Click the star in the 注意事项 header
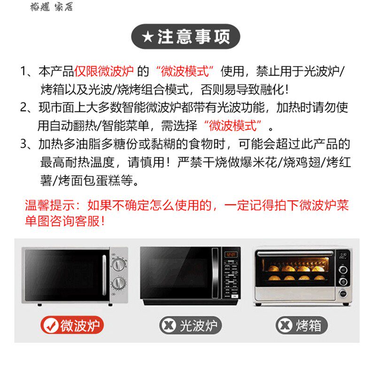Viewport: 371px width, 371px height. (148, 37)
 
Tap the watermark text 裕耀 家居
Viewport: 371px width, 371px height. (52, 7)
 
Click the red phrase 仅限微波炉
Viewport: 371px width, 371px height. (104, 71)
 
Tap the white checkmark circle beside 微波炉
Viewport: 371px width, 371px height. (51, 325)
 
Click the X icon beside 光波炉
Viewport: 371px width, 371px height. (168, 325)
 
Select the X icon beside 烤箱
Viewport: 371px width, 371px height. (285, 325)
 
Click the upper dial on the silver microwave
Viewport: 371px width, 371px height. (118, 264)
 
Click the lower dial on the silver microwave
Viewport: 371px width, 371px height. (118, 283)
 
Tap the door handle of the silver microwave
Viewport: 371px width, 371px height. (104, 275)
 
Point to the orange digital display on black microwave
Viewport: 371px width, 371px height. (231, 255)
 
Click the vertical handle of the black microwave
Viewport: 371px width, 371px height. (215, 273)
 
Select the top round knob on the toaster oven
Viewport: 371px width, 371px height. (343, 270)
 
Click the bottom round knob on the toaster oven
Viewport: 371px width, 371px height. (343, 294)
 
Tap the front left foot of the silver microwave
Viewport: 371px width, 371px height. (39, 305)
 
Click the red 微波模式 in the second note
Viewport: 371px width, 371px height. (233, 125)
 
